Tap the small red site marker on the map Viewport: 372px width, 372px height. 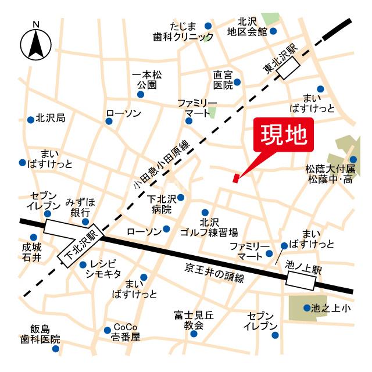pos(235,178)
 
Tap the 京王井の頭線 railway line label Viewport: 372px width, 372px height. pos(214,271)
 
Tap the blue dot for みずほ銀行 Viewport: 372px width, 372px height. pos(85,221)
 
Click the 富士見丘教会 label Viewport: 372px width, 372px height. pos(194,320)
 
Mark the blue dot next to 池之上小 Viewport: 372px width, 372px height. pos(307,307)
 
